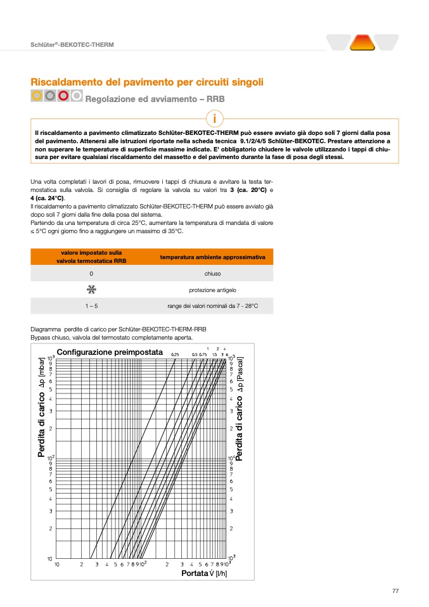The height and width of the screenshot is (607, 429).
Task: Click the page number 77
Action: click(395, 591)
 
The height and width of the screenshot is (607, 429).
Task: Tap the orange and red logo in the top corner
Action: click(362, 42)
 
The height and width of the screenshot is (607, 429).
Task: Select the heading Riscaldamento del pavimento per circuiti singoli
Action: click(147, 82)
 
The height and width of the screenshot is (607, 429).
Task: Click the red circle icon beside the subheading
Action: click(63, 96)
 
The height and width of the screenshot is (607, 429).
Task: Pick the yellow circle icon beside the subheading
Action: click(37, 96)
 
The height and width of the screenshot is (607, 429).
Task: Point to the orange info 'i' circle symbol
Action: click(215, 118)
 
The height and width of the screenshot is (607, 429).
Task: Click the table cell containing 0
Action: click(91, 274)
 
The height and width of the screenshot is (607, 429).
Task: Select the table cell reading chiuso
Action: click(212, 274)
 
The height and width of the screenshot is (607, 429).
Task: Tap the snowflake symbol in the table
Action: click(91, 290)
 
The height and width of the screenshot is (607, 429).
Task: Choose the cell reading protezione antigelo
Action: click(212, 290)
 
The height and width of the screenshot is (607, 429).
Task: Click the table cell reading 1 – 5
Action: click(91, 306)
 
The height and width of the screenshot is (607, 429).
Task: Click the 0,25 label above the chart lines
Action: click(176, 354)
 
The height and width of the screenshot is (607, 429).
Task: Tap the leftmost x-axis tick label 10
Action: click(57, 563)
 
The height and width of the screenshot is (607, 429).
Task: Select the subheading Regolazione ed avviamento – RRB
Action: click(155, 99)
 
